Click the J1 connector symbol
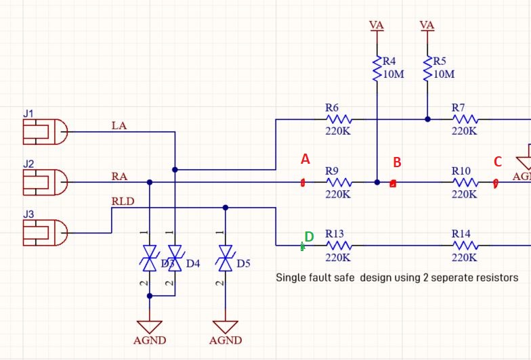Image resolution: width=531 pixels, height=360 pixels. [x=45, y=131]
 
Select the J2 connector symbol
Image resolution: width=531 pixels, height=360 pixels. [x=45, y=181]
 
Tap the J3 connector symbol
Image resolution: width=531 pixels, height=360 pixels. [x=45, y=233]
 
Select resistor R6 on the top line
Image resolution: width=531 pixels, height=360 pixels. [x=337, y=119]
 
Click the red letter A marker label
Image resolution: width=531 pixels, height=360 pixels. [x=305, y=160]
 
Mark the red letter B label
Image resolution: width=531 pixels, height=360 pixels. [x=398, y=162]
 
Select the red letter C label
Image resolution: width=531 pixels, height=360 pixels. [x=498, y=162]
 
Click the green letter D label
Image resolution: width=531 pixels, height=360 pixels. [x=309, y=237]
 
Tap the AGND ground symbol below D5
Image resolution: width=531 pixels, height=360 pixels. [x=226, y=328]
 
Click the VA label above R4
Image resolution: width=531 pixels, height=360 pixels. [x=377, y=25]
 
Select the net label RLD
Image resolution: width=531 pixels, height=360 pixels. [x=123, y=201]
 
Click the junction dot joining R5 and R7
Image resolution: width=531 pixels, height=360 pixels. [x=427, y=119]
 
